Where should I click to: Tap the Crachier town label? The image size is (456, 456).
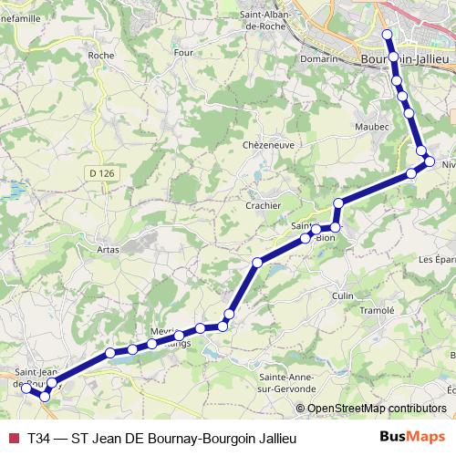[263, 205]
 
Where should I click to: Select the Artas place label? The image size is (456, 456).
[108, 247]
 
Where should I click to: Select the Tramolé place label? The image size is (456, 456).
[377, 309]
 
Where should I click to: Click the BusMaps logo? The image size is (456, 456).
[411, 439]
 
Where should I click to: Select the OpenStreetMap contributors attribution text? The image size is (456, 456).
[377, 409]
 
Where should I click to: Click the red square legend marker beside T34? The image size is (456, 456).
[13, 439]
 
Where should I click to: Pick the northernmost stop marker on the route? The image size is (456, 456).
[387, 35]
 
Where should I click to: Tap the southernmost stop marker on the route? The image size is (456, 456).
[45, 396]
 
